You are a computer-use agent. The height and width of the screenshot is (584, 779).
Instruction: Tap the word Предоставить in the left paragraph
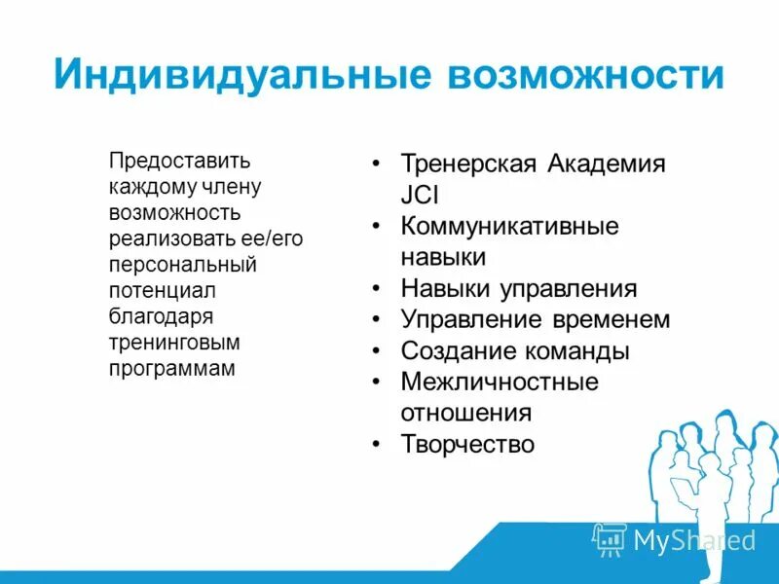180,160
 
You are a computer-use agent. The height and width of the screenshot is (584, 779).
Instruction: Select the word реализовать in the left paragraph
165,238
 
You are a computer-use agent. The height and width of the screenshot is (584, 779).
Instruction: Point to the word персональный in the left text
183,264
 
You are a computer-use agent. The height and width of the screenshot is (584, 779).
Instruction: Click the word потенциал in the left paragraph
162,290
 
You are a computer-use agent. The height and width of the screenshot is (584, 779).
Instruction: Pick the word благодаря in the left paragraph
161,316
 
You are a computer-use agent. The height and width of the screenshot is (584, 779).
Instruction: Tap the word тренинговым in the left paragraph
174,343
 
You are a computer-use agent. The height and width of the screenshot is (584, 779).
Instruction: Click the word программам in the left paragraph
172,369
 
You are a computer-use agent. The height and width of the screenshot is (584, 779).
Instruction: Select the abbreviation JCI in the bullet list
420,194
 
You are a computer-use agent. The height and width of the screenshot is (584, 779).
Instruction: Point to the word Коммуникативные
509,226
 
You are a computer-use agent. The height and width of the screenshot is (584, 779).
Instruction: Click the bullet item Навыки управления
518,289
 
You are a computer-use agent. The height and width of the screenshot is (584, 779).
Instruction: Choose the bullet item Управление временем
535,319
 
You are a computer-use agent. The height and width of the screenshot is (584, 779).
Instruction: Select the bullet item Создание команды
515,350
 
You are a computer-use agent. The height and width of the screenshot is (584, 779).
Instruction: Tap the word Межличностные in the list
499,382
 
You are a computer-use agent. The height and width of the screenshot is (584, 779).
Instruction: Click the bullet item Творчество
467,445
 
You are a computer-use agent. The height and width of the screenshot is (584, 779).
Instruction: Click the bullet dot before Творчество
375,445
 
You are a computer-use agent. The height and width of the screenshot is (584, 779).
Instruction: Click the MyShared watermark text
694,540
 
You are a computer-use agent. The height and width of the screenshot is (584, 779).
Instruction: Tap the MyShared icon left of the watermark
609,539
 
